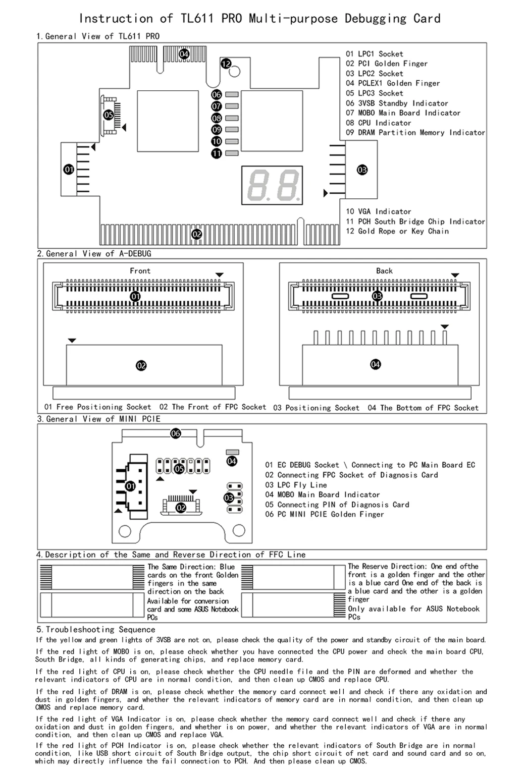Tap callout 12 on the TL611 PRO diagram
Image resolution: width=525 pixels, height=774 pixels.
click(x=226, y=64)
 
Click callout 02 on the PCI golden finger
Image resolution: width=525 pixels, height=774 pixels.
click(x=197, y=234)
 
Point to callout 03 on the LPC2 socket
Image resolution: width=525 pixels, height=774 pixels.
click(x=362, y=170)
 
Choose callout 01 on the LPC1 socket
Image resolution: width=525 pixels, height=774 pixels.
click(x=69, y=170)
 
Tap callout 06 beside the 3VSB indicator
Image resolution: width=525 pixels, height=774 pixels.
click(x=217, y=94)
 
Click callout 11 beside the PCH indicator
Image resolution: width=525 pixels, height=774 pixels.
click(x=217, y=153)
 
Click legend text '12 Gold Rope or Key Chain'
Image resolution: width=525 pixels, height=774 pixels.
click(x=397, y=231)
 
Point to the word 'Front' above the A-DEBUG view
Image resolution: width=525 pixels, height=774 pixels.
click(x=140, y=271)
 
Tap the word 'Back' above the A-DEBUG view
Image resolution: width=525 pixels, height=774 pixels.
click(x=384, y=271)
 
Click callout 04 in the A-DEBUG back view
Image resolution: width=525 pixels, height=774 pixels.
click(x=376, y=364)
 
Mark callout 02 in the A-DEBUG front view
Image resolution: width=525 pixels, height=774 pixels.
click(x=141, y=365)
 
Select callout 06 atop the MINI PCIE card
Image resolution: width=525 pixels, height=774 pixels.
click(x=176, y=433)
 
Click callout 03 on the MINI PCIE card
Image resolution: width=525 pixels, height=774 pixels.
click(x=229, y=498)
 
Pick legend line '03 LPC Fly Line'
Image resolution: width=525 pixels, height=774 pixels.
click(x=296, y=485)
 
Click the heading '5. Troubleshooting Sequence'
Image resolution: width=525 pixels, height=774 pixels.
click(x=95, y=630)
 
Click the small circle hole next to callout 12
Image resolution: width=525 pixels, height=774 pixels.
click(x=235, y=72)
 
